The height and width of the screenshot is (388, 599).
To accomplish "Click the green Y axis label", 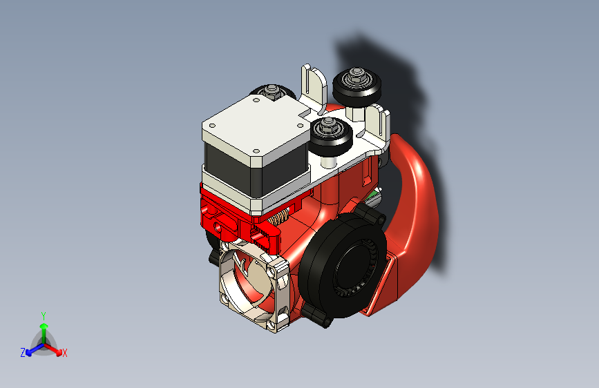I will pyautogui.click(x=43, y=314).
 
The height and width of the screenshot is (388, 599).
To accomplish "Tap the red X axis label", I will pyautogui.click(x=65, y=353).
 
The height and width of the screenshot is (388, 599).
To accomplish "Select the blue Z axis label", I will pyautogui.click(x=23, y=352).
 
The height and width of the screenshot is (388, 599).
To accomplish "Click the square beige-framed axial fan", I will pyautogui.click(x=252, y=287).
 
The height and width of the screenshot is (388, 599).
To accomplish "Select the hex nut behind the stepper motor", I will pyautogui.click(x=270, y=89).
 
